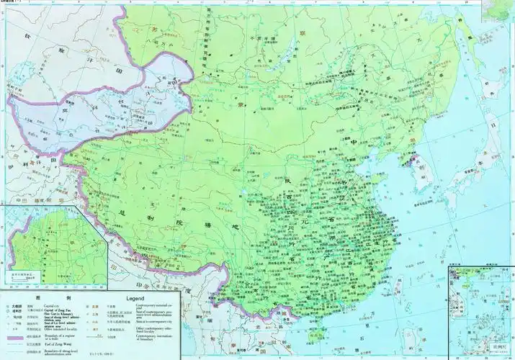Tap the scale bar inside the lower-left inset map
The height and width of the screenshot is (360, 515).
24,276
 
